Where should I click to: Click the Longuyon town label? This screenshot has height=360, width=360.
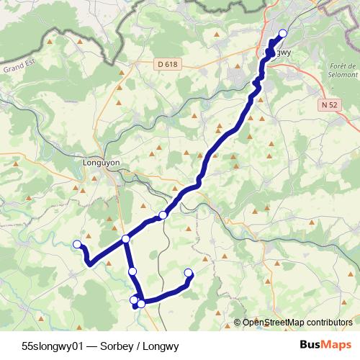pyautogui.click(x=100, y=162)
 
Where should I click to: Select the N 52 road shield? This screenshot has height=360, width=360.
pyautogui.click(x=329, y=104)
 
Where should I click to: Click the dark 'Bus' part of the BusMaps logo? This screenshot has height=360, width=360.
pyautogui.click(x=310, y=344)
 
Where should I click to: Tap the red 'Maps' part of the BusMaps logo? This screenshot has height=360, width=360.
pyautogui.click(x=337, y=344)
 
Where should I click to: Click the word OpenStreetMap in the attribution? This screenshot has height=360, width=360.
pyautogui.click(x=274, y=323)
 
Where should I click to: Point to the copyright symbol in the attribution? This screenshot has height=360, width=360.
pyautogui.click(x=238, y=323)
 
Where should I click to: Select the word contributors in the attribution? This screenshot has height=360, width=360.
pyautogui.click(x=329, y=323)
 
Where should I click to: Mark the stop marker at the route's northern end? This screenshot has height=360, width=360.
pyautogui.click(x=282, y=34)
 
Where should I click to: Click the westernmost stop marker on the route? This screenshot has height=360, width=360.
pyautogui.click(x=77, y=244)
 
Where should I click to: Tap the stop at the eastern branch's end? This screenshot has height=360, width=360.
pyautogui.click(x=189, y=272)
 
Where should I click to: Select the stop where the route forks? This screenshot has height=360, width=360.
pyautogui.click(x=125, y=239)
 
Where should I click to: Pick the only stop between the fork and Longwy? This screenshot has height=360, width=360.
pyautogui.click(x=163, y=215)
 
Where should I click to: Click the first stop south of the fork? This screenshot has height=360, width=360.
pyautogui.click(x=132, y=271)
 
